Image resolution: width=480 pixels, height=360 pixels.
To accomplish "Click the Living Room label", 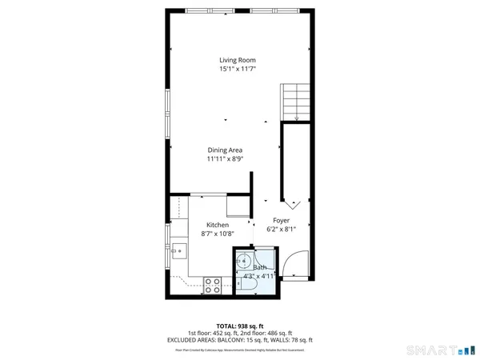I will click(x=238, y=60).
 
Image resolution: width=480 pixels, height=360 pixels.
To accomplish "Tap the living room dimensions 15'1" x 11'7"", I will click(x=238, y=70).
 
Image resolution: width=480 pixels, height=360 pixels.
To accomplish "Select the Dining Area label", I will click(x=225, y=150).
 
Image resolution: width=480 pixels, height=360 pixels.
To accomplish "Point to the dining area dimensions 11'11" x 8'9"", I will click(x=225, y=159).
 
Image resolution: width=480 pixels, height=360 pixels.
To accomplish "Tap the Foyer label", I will click(x=281, y=220).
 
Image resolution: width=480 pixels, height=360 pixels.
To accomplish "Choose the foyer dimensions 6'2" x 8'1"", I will click(x=281, y=230).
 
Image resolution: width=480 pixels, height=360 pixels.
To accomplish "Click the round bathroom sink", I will click(x=246, y=262).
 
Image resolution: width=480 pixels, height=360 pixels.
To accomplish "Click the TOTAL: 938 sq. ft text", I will click(x=240, y=326).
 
